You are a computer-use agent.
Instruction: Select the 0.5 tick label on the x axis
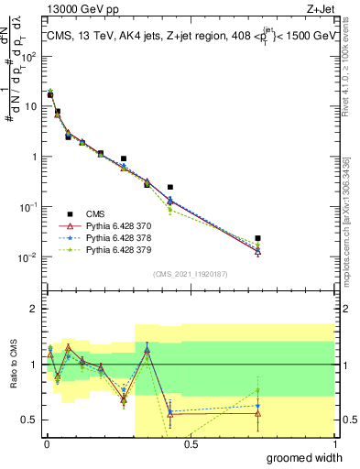tap(191, 444)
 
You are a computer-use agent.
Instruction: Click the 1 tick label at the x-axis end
tap(334, 444)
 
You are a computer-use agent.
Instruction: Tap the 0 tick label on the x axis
tap(47, 444)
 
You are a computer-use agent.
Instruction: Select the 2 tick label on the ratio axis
tap(37, 309)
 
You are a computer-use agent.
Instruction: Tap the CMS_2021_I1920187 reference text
tap(190, 273)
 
